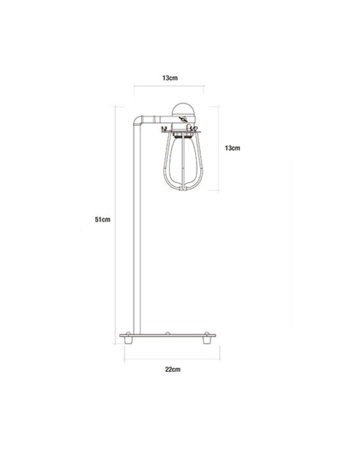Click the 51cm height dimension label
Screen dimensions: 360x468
pyautogui.click(x=103, y=220)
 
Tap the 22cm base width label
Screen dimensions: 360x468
pyautogui.click(x=173, y=369)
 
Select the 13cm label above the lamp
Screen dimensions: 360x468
pyautogui.click(x=170, y=78)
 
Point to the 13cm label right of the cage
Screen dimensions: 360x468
pyautogui.click(x=232, y=148)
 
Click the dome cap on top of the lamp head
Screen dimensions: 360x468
pyautogui.click(x=184, y=109)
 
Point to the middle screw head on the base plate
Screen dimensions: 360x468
pyautogui.click(x=167, y=333)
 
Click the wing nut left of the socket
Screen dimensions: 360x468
pyautogui.click(x=164, y=129)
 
